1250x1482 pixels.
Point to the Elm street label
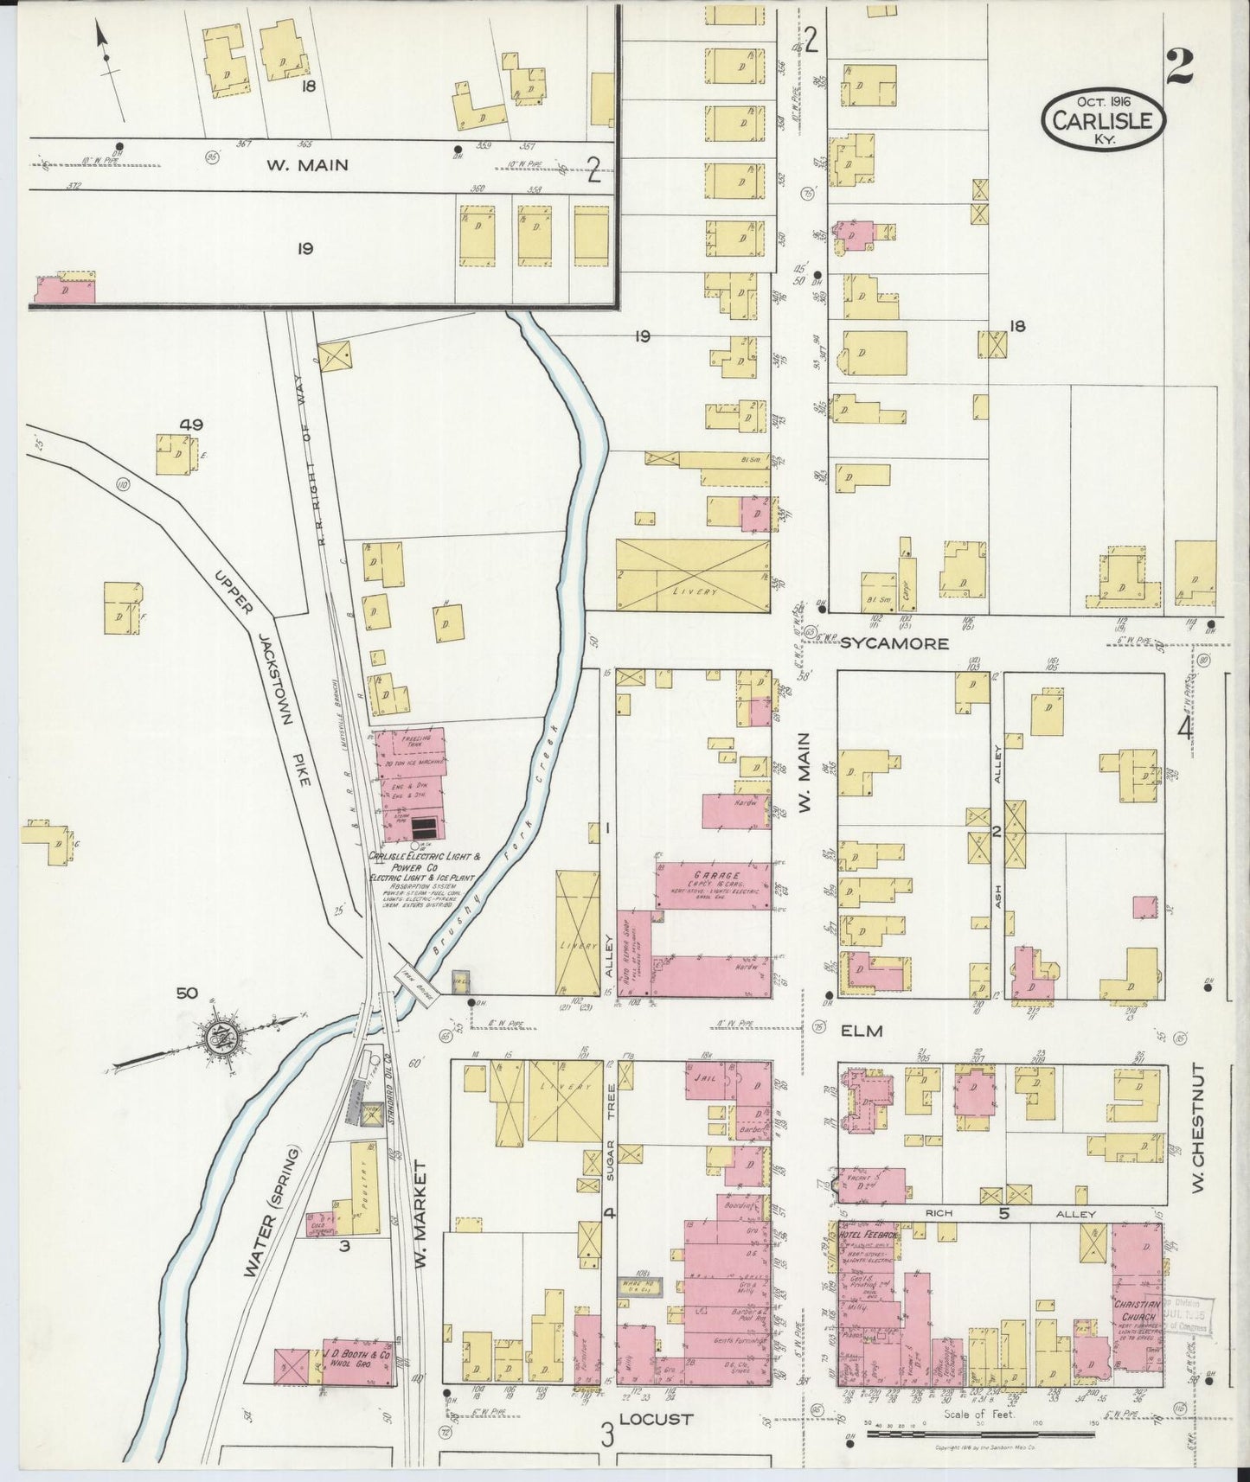[861, 1031]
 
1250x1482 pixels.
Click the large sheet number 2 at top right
[1179, 67]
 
